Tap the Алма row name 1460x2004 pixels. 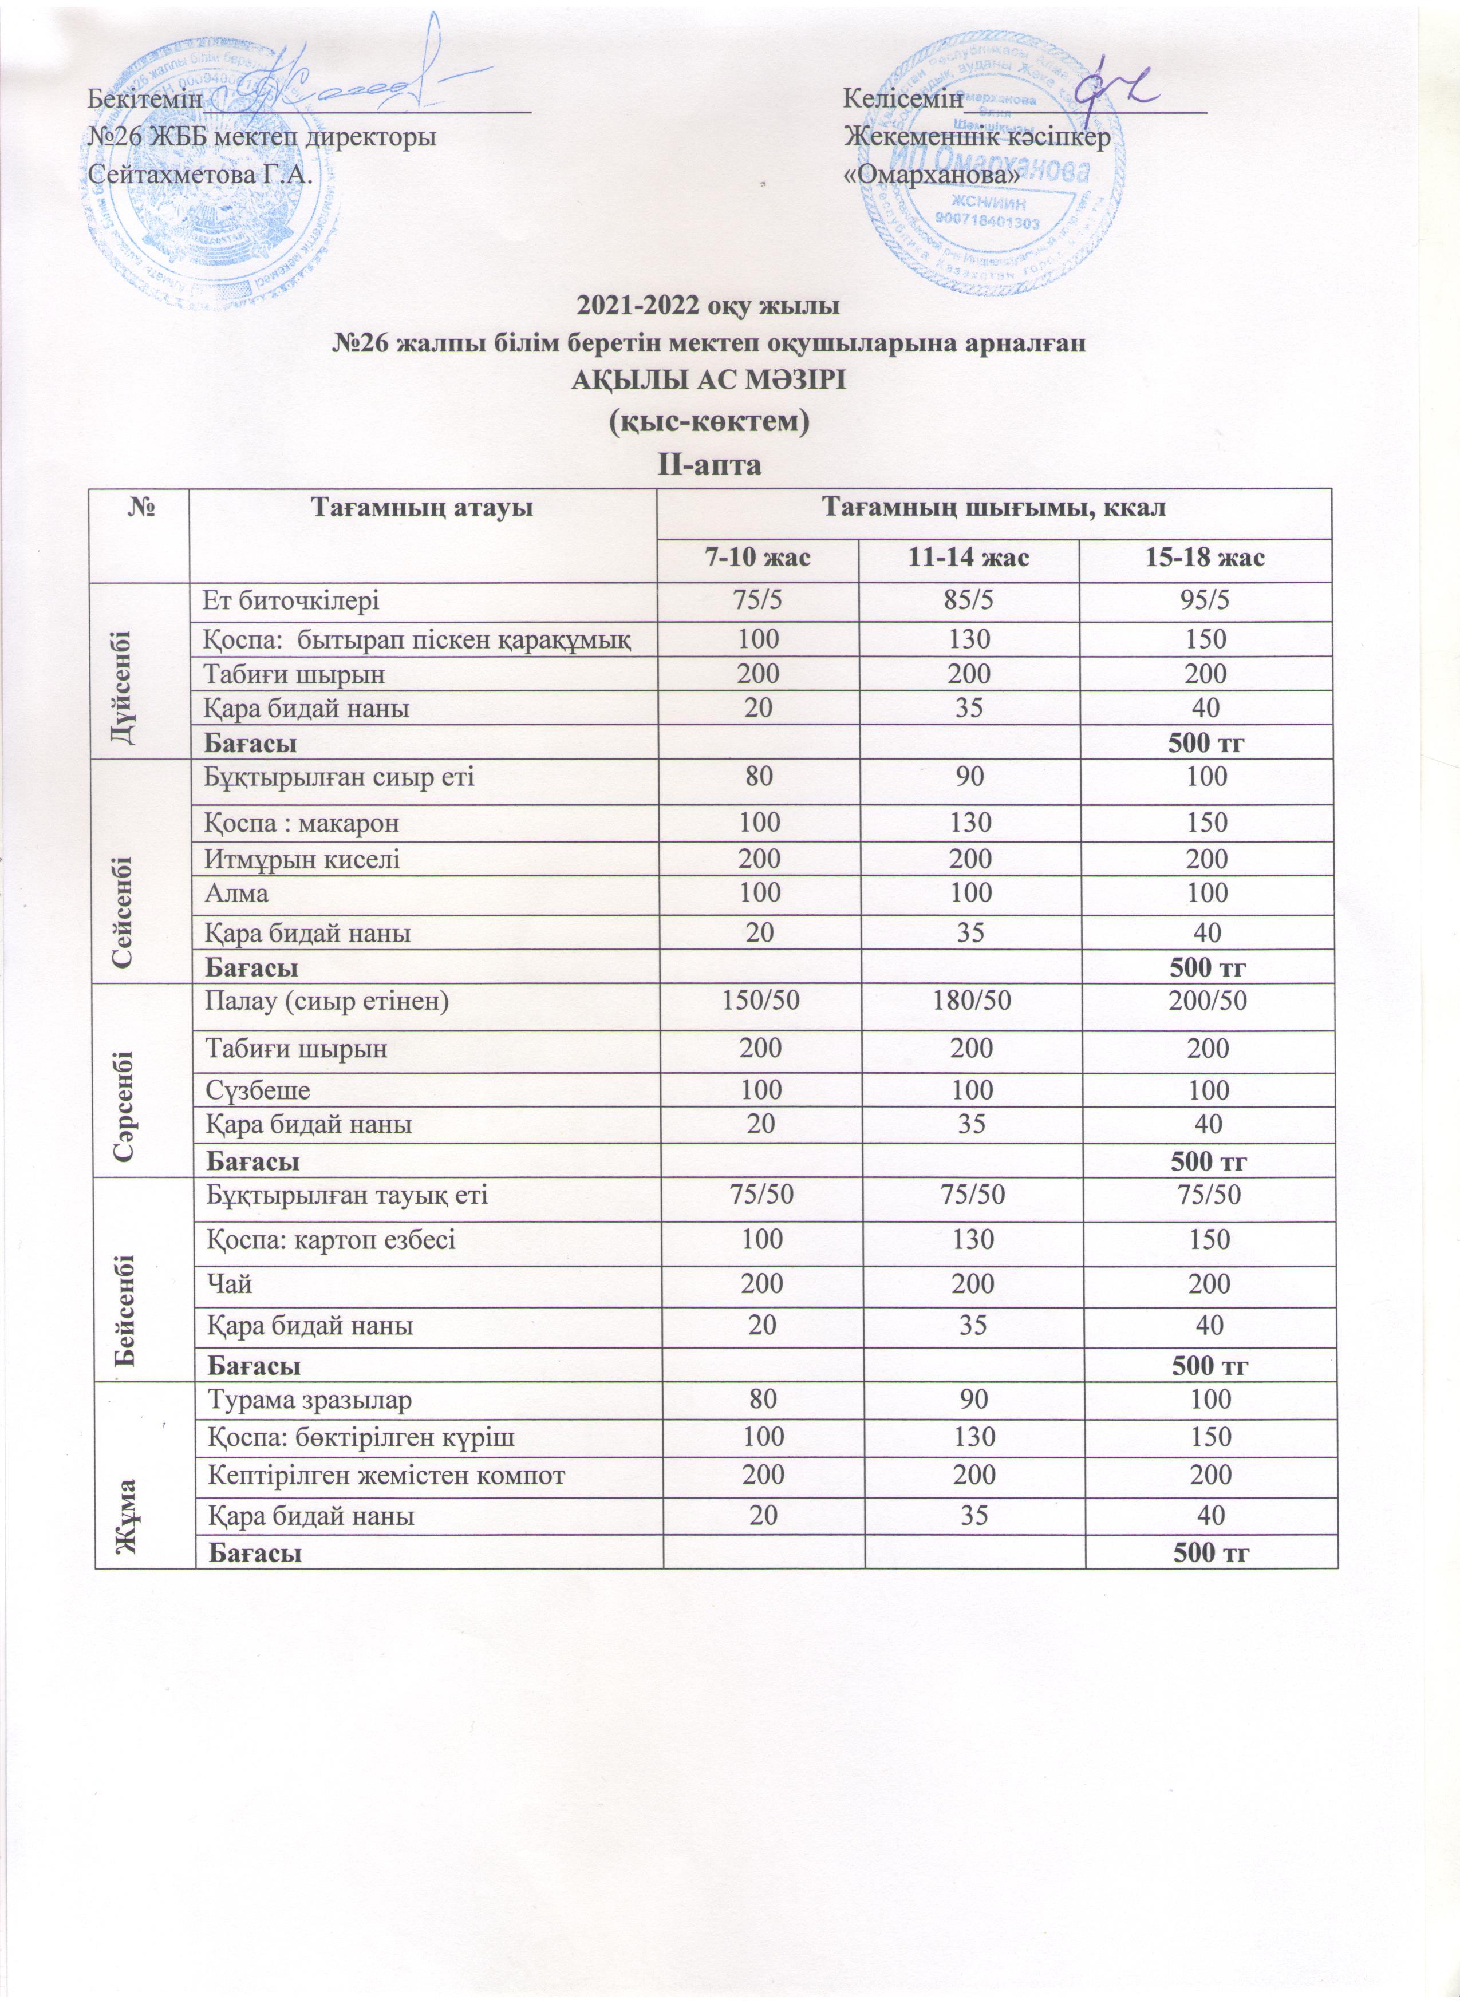click(237, 894)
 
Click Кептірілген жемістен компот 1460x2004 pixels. click(385, 1475)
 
